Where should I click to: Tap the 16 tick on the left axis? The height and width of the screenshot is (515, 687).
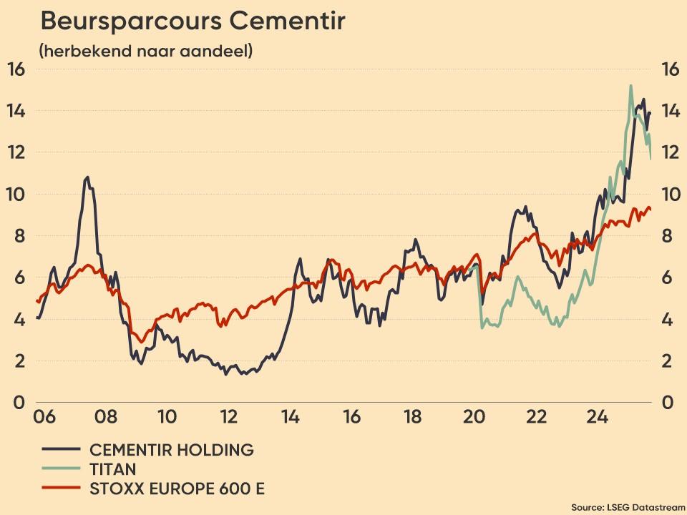pyautogui.click(x=16, y=69)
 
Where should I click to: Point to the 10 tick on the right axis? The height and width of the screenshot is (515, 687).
pyautogui.click(x=670, y=195)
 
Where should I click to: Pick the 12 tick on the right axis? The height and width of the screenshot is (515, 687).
pyautogui.click(x=670, y=152)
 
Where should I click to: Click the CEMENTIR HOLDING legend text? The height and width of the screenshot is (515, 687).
pyautogui.click(x=171, y=450)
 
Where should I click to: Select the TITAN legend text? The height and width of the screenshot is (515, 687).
pyautogui.click(x=112, y=469)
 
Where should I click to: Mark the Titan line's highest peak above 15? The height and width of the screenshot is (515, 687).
pyautogui.click(x=630, y=86)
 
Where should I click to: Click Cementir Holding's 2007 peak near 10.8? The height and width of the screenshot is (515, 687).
pyautogui.click(x=87, y=177)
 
